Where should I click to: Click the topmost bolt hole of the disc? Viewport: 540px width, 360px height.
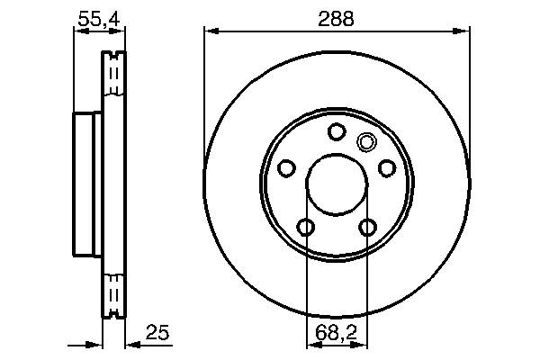pyautogui.click(x=337, y=133)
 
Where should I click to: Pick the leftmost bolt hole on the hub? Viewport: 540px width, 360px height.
pyautogui.click(x=287, y=168)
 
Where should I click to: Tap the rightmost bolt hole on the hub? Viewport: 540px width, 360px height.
pyautogui.click(x=386, y=168)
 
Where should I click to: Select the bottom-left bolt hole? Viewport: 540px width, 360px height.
pyautogui.click(x=306, y=227)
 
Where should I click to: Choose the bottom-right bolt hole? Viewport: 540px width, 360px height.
pyautogui.click(x=367, y=227)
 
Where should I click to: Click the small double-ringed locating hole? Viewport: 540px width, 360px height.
pyautogui.click(x=366, y=141)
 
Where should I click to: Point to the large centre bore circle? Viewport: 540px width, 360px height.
pyautogui.click(x=337, y=185)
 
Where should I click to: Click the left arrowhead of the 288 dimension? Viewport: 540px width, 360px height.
pyautogui.click(x=211, y=31)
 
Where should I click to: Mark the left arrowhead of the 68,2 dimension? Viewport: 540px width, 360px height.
pyautogui.click(x=311, y=345)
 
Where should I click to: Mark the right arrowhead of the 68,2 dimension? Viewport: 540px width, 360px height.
pyautogui.click(x=362, y=345)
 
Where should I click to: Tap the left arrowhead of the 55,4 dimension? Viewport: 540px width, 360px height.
pyautogui.click(x=77, y=31)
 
